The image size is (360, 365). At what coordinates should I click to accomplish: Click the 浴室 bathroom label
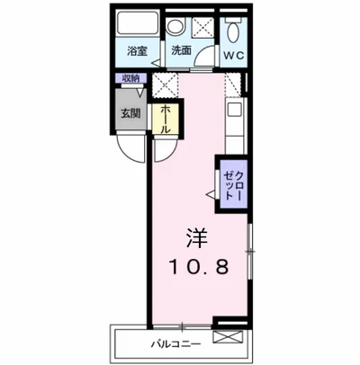137,51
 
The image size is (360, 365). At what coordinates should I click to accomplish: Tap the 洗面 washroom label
181,51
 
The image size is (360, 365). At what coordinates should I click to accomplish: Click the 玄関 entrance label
130,114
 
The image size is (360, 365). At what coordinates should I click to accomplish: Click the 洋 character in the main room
197,237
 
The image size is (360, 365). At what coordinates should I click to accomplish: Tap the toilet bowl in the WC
233,31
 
